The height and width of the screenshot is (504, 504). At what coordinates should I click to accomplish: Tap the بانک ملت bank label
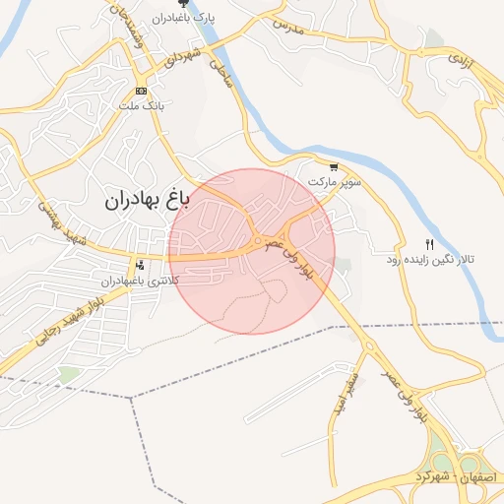pos(144,103)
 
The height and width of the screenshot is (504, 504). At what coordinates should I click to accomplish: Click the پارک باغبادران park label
pos(181,18)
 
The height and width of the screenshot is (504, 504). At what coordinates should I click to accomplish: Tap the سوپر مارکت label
pos(335,182)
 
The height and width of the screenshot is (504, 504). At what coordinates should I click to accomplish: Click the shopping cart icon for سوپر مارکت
pos(335,167)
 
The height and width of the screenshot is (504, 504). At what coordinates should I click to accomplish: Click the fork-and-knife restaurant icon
pos(428,244)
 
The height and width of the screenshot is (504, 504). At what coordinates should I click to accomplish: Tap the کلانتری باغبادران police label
pos(138,281)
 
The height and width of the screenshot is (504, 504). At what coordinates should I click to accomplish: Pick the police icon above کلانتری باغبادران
pos(139,264)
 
